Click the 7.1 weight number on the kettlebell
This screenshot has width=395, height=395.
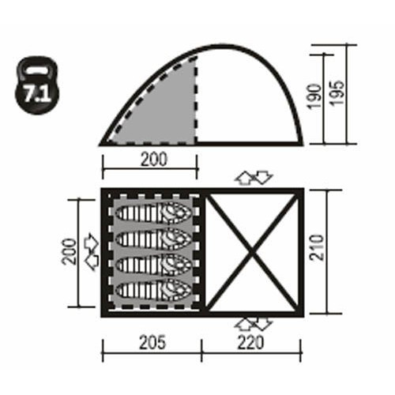pos(37,93)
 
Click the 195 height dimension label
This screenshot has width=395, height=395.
pos(337,92)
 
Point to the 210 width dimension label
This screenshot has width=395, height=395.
pos(317,247)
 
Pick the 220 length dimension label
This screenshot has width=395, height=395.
pos(250,342)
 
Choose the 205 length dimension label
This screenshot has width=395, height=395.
pos(152,342)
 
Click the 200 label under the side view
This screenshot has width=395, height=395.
pos(154,159)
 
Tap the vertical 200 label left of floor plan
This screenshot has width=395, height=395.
pos(69,251)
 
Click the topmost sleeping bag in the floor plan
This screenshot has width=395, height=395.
pos(153,213)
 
